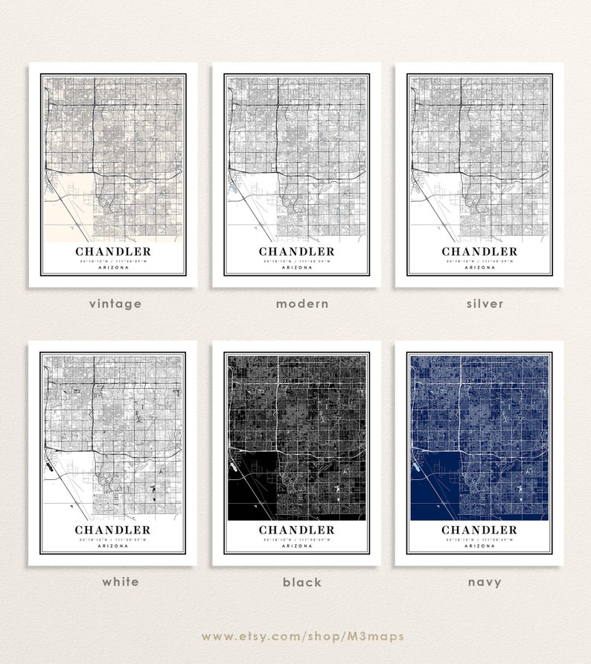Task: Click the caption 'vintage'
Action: [115, 303]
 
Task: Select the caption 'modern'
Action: [301, 303]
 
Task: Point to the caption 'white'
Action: [121, 581]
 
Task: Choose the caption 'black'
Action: [302, 582]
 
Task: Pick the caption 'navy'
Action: [484, 582]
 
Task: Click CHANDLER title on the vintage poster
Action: [113, 252]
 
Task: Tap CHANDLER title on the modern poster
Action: [297, 252]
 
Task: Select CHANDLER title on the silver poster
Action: [479, 252]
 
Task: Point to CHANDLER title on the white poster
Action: [112, 530]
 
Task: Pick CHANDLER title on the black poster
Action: [297, 530]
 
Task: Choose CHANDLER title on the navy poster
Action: [479, 530]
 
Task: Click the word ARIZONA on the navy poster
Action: [479, 546]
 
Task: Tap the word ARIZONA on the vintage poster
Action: [113, 268]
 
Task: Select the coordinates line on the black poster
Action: [297, 539]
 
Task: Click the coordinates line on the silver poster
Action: [479, 261]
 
